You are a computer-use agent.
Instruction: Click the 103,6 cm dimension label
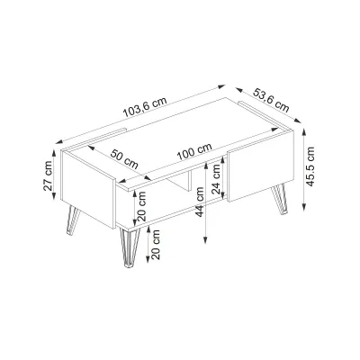click(x=145, y=107)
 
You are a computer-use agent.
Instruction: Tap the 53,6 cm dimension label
click(x=271, y=100)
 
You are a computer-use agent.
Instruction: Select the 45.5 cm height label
click(x=310, y=166)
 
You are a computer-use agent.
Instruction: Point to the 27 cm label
click(x=48, y=176)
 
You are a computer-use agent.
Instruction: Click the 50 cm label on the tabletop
click(x=124, y=159)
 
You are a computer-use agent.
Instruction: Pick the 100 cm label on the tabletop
click(x=194, y=151)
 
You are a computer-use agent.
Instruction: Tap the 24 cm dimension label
click(x=216, y=179)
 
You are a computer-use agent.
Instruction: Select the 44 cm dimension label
click(x=199, y=202)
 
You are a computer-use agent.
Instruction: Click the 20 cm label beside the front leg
click(x=156, y=245)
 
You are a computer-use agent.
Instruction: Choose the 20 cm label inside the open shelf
click(x=141, y=206)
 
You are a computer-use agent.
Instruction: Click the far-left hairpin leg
click(x=73, y=220)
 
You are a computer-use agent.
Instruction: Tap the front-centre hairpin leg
click(x=130, y=247)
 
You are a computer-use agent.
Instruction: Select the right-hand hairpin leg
click(x=280, y=199)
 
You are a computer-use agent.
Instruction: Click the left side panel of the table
click(x=87, y=188)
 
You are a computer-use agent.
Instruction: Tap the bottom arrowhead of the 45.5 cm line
click(x=304, y=207)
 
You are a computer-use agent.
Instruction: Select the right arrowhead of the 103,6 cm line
click(x=221, y=86)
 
